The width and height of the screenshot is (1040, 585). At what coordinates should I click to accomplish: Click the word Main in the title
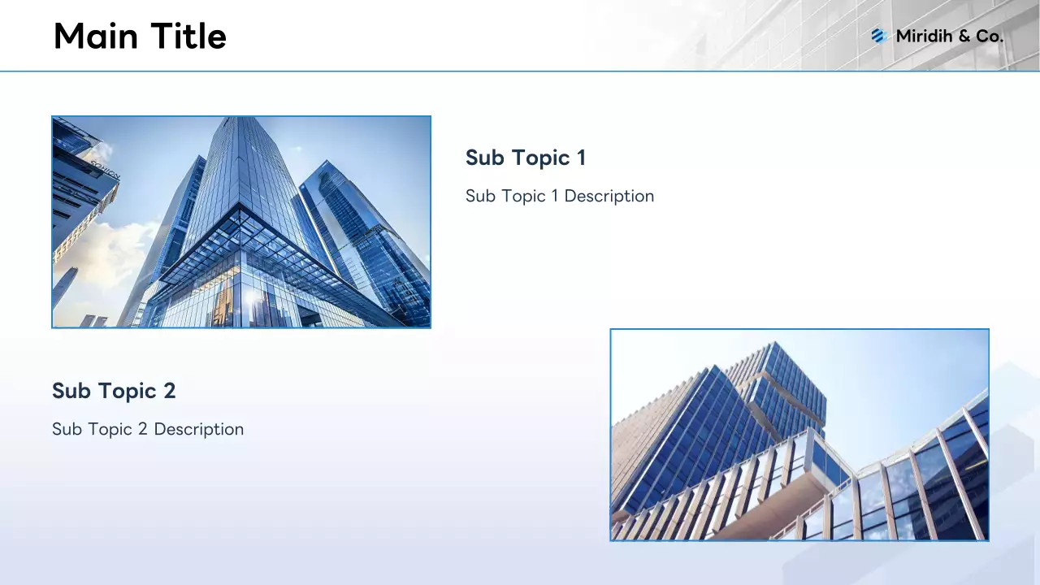point(96,36)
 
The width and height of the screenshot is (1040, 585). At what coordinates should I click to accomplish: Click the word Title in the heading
point(188,36)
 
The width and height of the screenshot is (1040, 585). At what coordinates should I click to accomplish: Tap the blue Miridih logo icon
point(879,36)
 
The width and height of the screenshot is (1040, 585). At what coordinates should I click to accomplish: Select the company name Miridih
point(925,36)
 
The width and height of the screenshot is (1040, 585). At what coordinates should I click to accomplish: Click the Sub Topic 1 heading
point(526,158)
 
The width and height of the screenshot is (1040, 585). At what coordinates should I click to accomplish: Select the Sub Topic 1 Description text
point(560,197)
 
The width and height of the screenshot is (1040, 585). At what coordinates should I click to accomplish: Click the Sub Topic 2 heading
point(114,391)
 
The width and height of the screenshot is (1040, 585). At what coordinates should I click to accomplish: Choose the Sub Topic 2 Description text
point(148,430)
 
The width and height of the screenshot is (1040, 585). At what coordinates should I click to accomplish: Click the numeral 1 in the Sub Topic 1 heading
point(581,158)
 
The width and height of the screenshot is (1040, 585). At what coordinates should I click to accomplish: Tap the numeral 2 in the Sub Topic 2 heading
point(170,391)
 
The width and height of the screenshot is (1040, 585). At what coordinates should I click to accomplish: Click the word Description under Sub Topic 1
point(609,197)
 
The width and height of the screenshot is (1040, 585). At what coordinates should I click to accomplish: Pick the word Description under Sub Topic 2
point(199,430)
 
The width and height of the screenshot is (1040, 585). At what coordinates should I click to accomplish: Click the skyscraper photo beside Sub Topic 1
point(241,222)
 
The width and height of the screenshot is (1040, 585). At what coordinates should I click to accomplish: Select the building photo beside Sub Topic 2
point(799,435)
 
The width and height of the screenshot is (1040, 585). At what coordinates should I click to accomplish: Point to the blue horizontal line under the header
point(520,71)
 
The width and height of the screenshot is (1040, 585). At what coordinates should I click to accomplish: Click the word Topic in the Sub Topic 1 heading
point(541,158)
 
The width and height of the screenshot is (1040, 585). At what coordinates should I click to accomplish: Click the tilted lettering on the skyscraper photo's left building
point(106,170)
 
